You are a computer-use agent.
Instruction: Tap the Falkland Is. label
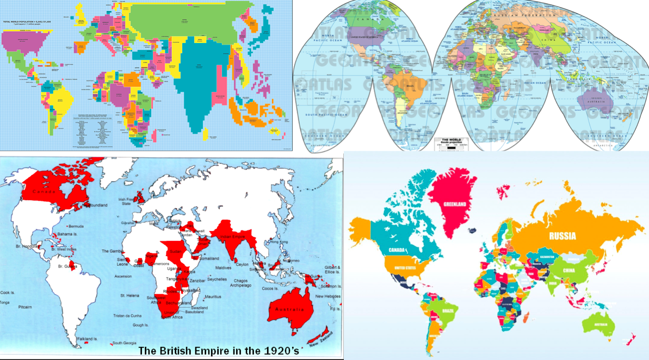click(88, 339)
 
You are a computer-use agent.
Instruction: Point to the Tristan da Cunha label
click(127, 315)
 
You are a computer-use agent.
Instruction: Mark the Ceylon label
click(243, 265)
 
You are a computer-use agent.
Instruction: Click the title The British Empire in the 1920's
click(219, 351)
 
